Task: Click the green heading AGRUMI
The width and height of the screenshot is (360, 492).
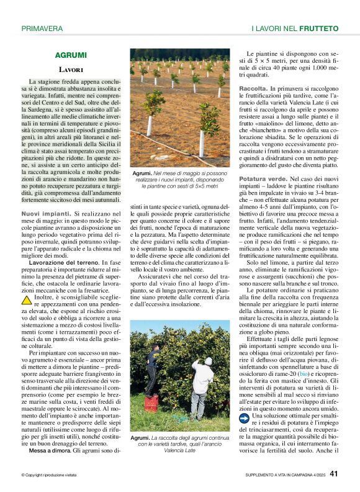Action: [71, 55]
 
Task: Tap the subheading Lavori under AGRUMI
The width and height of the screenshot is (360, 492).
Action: [71, 70]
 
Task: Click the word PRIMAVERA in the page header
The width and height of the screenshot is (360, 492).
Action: [42, 29]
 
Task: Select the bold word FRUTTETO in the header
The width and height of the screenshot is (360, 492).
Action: [318, 29]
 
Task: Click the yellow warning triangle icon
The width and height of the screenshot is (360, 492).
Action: [27, 300]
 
